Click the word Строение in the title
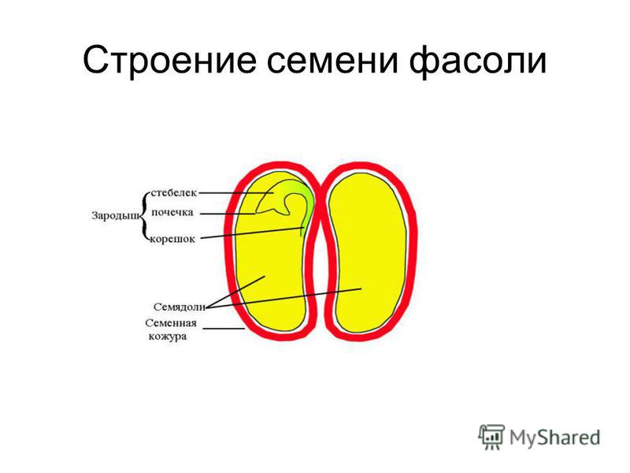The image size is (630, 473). tap(169, 61)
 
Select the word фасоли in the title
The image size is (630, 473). tap(478, 61)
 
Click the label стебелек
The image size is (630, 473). tap(173, 192)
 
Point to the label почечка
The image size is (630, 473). tap(172, 212)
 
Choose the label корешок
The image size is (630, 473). tap(172, 239)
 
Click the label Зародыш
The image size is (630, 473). tap(117, 216)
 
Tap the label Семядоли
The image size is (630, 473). tap(180, 307)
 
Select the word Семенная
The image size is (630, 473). tap(171, 323)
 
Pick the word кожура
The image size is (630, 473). tap(168, 337)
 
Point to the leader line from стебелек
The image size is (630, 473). tap(236, 193)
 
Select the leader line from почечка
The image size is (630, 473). tap(228, 214)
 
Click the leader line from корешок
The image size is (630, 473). tap(252, 233)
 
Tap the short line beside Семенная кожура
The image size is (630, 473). tap(224, 329)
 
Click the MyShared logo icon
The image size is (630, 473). tap(491, 437)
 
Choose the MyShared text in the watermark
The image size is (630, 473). tap(554, 438)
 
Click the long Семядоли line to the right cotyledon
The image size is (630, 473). tap(283, 298)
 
